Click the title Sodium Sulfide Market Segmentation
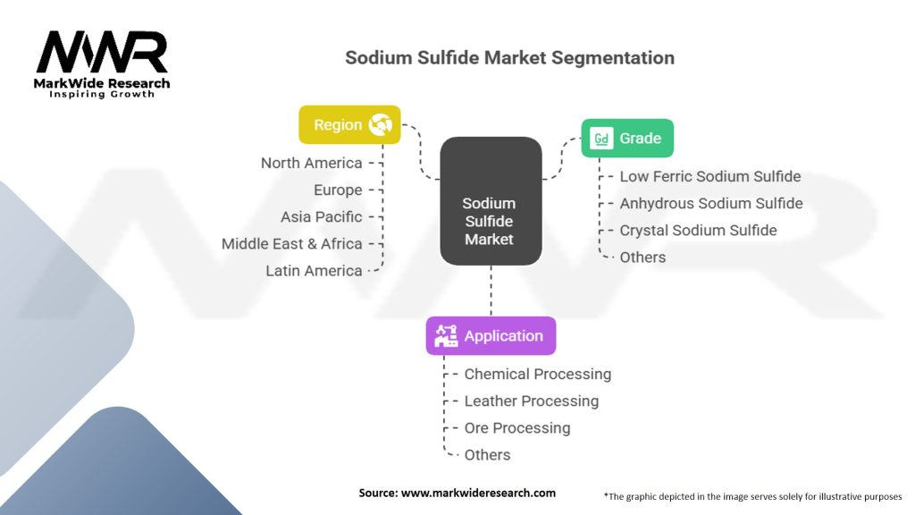(x=510, y=58)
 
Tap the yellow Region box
(x=349, y=125)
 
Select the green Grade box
(x=626, y=139)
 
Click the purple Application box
(x=491, y=336)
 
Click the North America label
(x=312, y=163)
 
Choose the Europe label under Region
(x=338, y=190)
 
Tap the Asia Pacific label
(x=322, y=216)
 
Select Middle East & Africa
(x=292, y=243)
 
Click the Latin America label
(x=314, y=270)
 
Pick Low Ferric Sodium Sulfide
(x=710, y=176)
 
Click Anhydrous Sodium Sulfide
(x=711, y=203)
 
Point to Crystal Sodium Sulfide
(x=698, y=230)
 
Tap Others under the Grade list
(x=642, y=257)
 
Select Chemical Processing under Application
(x=538, y=374)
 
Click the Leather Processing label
(x=532, y=401)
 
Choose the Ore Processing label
(x=517, y=427)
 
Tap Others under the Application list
(x=488, y=454)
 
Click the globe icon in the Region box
(x=382, y=125)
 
